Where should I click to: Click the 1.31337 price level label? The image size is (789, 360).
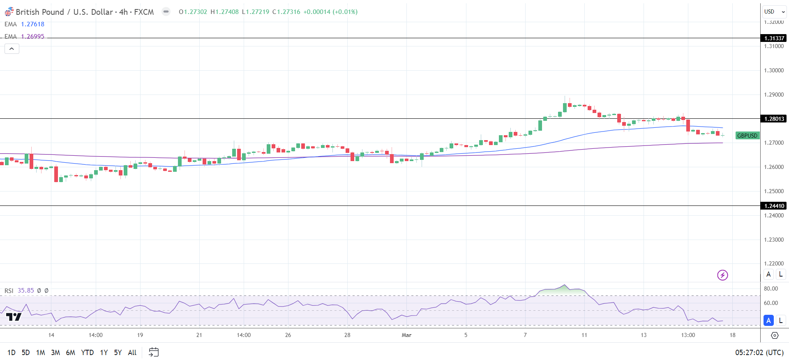point(774,38)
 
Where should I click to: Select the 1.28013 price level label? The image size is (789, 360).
point(774,119)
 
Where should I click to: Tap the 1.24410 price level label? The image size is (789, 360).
point(774,206)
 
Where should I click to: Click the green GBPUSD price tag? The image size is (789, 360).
point(747,136)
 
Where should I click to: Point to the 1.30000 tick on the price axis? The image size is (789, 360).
point(774,70)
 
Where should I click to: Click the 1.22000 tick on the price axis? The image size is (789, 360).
point(774,263)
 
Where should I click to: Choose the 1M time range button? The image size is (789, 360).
point(40,353)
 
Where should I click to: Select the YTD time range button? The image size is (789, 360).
point(87,353)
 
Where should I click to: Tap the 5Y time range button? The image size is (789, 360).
point(118,353)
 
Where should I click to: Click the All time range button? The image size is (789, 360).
point(132,353)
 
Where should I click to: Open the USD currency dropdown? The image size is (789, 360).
point(774,12)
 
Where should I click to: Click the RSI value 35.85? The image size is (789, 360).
point(26,291)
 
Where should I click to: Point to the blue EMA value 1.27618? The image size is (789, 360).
point(32,24)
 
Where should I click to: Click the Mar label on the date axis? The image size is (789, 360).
point(406,335)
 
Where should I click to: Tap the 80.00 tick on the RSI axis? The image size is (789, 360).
point(771,288)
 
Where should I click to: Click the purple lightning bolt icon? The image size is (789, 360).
point(722,275)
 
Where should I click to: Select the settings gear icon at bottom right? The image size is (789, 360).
point(775,335)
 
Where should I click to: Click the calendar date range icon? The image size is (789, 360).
point(154,352)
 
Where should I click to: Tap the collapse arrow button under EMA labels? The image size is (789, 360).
point(12,49)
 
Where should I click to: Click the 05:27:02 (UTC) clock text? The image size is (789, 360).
point(759,353)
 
